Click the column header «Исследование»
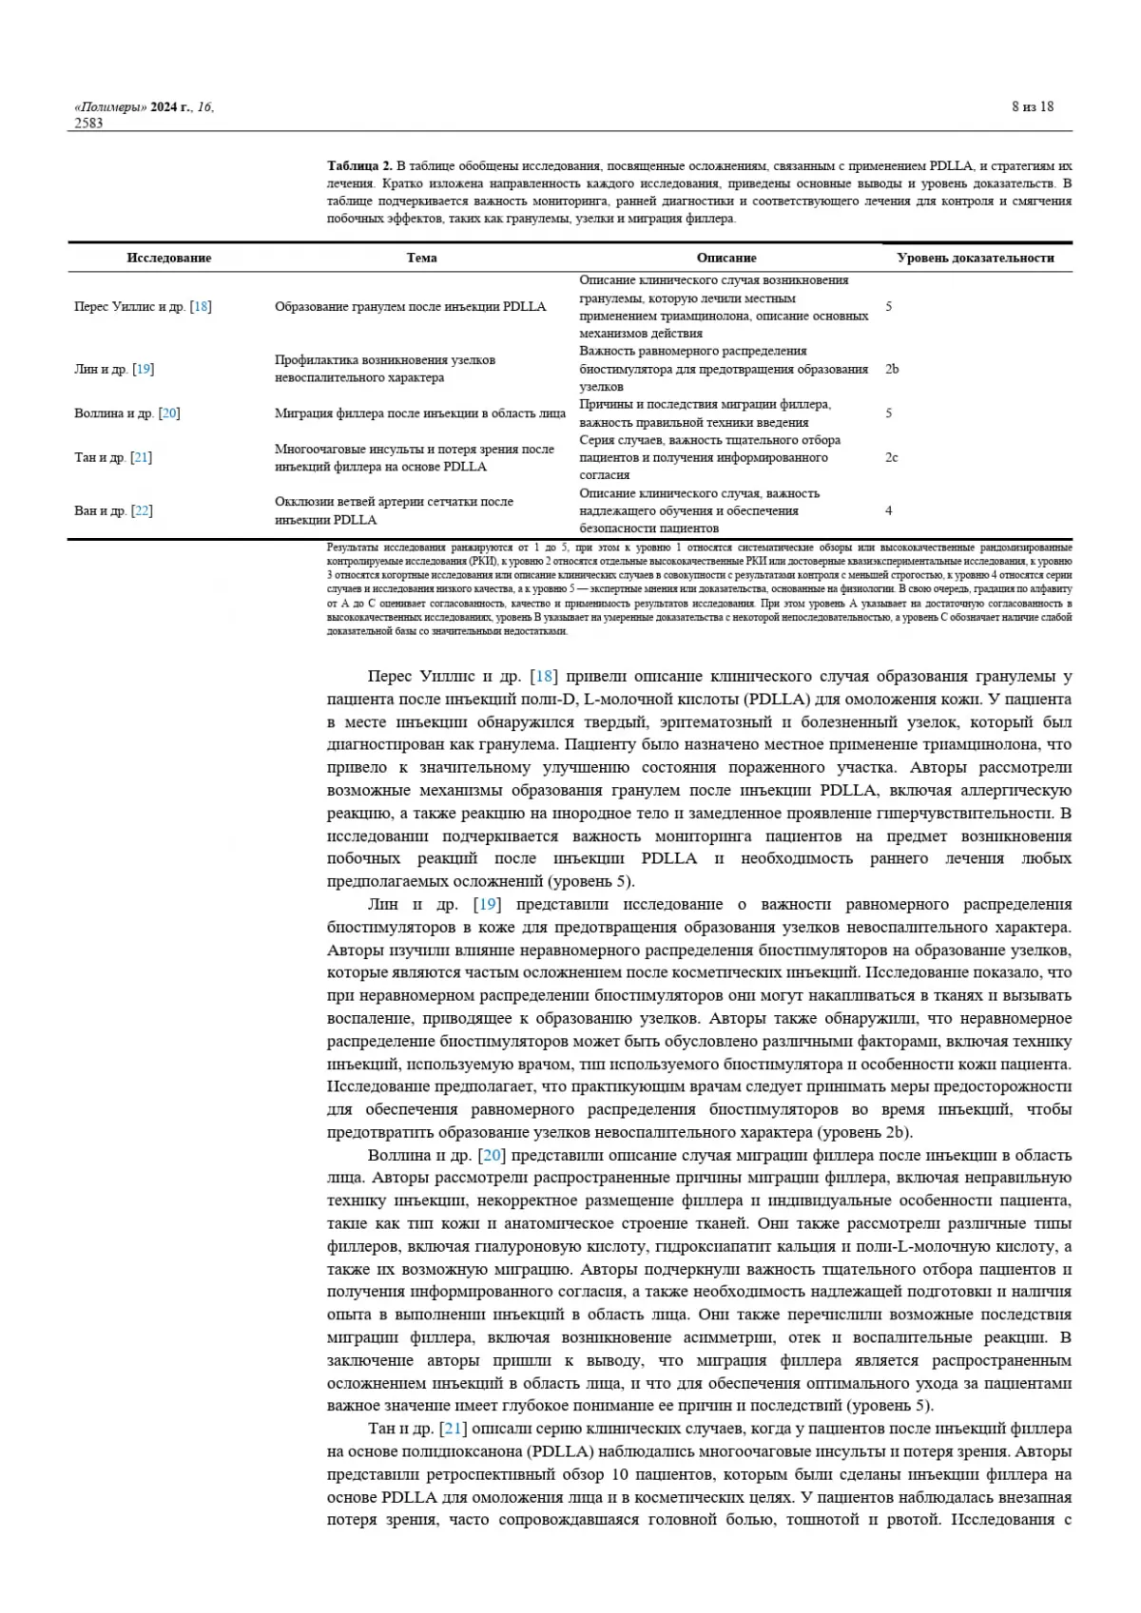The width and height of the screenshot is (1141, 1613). pyautogui.click(x=168, y=258)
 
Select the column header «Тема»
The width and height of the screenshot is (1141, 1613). pyautogui.click(x=421, y=258)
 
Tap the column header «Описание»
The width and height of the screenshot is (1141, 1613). pyautogui.click(x=726, y=258)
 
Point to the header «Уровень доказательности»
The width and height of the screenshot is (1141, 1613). pyautogui.click(x=975, y=258)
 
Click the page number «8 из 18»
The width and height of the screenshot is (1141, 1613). pyautogui.click(x=1032, y=106)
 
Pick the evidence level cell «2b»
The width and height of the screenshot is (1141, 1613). pyautogui.click(x=892, y=369)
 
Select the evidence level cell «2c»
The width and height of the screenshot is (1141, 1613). pyautogui.click(x=892, y=457)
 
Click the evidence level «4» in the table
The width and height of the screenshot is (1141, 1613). pyautogui.click(x=889, y=510)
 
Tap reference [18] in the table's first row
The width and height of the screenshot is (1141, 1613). pyautogui.click(x=201, y=306)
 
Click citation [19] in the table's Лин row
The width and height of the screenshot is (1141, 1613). pyautogui.click(x=144, y=369)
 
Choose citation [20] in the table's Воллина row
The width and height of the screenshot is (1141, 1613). pyautogui.click(x=169, y=413)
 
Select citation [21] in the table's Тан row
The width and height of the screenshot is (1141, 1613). pyautogui.click(x=142, y=457)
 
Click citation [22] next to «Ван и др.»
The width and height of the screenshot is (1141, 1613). pyautogui.click(x=142, y=510)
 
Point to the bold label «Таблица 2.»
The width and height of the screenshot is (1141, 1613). pyautogui.click(x=359, y=165)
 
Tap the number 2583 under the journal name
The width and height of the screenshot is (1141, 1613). pyautogui.click(x=89, y=123)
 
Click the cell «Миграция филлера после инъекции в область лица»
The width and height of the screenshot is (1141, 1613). pyautogui.click(x=419, y=413)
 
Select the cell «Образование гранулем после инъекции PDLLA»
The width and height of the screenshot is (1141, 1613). pyautogui.click(x=410, y=306)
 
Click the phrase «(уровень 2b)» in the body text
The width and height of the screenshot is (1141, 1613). pyautogui.click(x=864, y=1132)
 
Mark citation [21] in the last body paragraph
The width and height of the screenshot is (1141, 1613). pyautogui.click(x=453, y=1429)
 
